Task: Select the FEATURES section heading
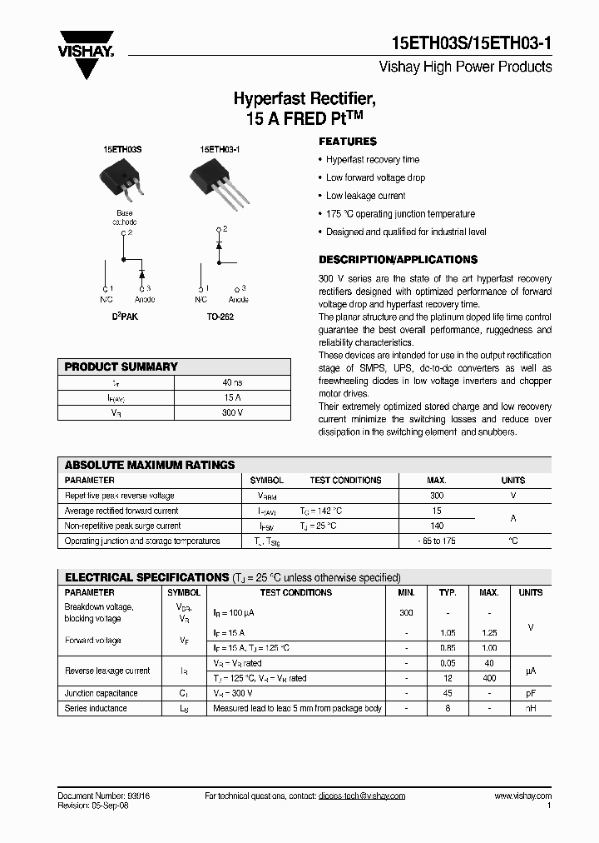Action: (x=348, y=142)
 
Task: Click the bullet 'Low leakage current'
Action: (x=365, y=196)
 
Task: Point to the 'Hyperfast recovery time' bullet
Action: (x=372, y=159)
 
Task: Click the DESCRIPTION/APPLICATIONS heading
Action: (x=398, y=260)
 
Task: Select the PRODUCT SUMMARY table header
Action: (x=121, y=367)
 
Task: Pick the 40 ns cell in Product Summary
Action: (x=232, y=382)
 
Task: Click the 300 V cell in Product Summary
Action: (x=232, y=412)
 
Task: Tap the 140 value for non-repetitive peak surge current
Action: (x=437, y=526)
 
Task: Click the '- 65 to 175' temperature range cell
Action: (x=437, y=541)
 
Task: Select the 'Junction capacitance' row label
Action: (x=101, y=693)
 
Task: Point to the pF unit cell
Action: (x=530, y=693)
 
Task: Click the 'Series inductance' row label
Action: (x=96, y=708)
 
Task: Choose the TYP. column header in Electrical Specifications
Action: (x=448, y=593)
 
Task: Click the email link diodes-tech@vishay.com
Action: (x=361, y=796)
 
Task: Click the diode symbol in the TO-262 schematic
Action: (x=220, y=245)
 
